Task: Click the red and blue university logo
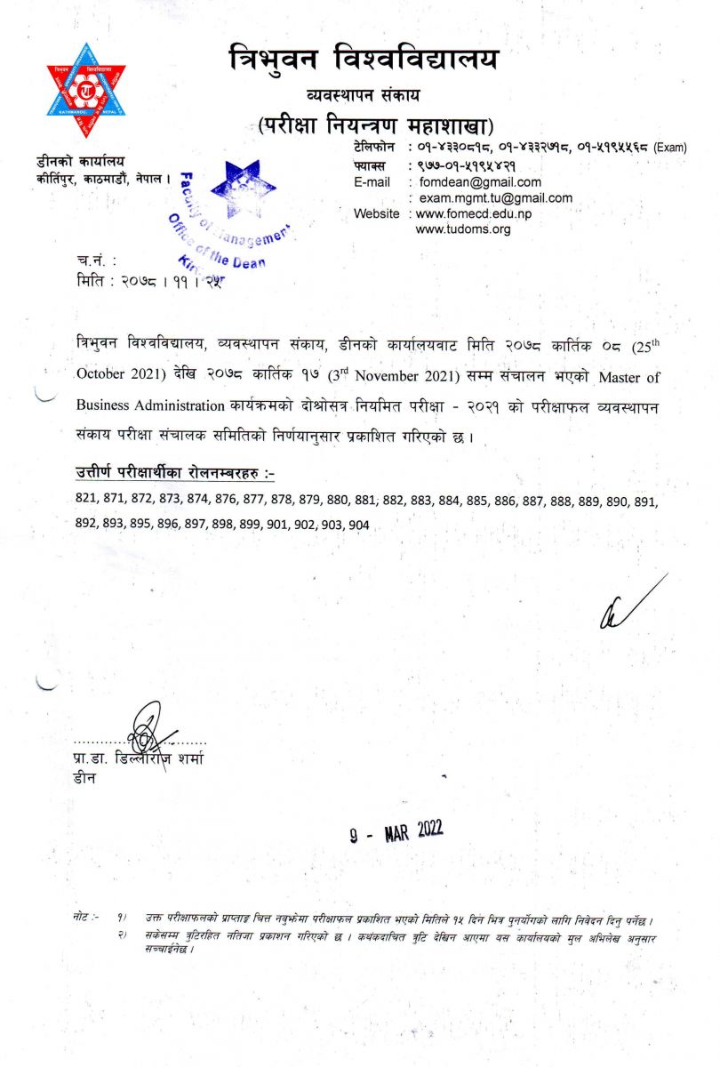pos(86,91)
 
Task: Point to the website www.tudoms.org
pos(463,229)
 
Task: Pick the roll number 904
pos(358,525)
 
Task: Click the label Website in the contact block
pos(376,214)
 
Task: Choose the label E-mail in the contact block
pos(372,182)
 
